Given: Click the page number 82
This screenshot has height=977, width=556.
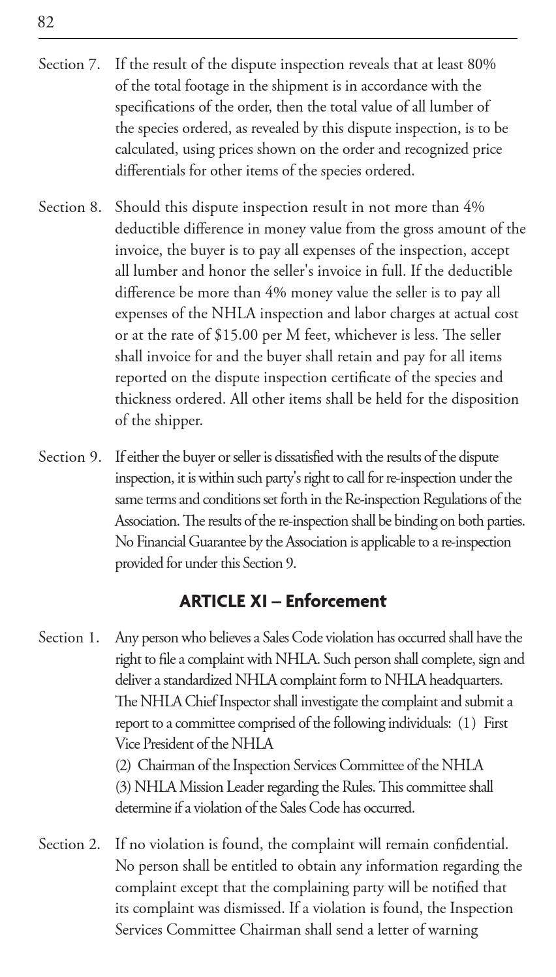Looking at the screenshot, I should (46, 23).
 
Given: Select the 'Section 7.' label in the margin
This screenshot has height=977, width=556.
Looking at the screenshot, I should (69, 65).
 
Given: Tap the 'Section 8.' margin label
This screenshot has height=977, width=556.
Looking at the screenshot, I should (69, 208).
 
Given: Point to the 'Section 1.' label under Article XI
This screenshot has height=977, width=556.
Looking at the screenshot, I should (69, 638).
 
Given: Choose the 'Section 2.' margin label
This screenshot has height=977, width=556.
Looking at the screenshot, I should (69, 845).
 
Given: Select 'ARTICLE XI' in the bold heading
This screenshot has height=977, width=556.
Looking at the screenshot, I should (223, 601).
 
